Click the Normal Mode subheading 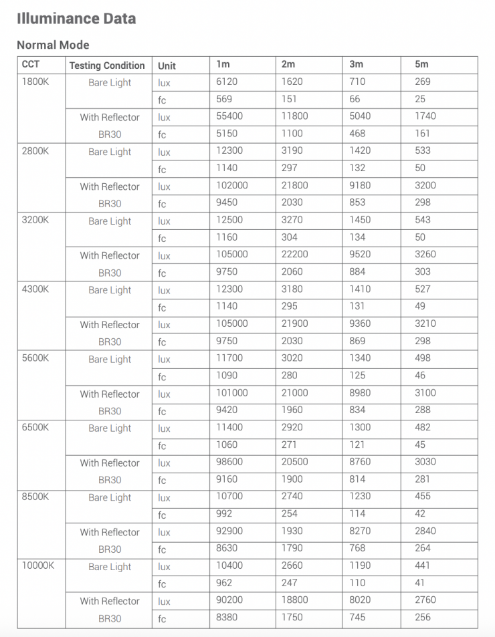tap(53, 45)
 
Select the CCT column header tap(31, 65)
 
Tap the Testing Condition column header tap(107, 66)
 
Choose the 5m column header tap(421, 65)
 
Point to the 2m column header tap(288, 65)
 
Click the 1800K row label tap(35, 82)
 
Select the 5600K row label tap(35, 358)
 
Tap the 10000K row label tap(38, 565)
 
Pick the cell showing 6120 tap(227, 82)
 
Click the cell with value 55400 tap(229, 116)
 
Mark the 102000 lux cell tap(231, 185)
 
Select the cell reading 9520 tap(360, 255)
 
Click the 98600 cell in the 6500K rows tap(229, 462)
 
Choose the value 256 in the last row tap(423, 618)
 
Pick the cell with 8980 tap(360, 393)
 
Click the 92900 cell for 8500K tap(229, 531)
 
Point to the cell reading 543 tap(423, 220)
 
